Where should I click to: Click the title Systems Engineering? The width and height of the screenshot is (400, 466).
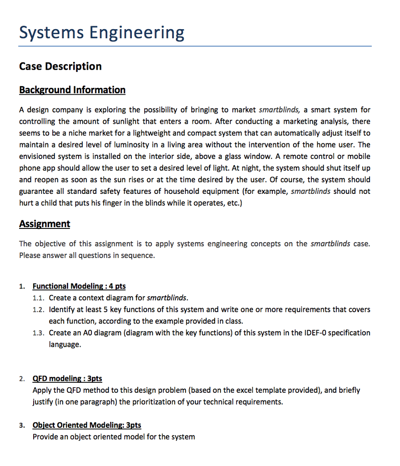click(101, 33)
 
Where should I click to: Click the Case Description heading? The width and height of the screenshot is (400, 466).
click(60, 66)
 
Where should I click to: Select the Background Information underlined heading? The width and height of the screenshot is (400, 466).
click(72, 90)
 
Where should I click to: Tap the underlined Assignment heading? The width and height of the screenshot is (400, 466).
click(45, 223)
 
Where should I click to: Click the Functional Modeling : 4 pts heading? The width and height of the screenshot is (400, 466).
click(79, 286)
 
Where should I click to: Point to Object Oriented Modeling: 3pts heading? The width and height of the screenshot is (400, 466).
click(87, 425)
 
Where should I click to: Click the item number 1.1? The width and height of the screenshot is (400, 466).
click(39, 298)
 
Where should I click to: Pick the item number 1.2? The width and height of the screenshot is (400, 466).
click(39, 309)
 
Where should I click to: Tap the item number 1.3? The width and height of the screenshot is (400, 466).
click(39, 333)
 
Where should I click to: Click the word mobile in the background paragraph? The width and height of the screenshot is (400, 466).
click(359, 157)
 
